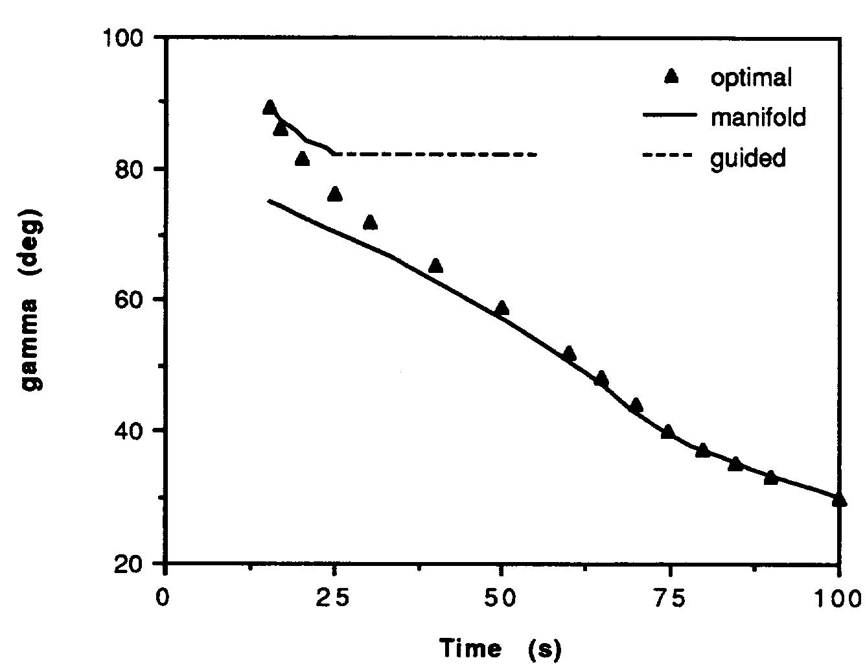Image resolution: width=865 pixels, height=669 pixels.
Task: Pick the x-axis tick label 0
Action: [x=167, y=597]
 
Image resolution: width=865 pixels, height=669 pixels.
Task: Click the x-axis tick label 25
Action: [x=334, y=597]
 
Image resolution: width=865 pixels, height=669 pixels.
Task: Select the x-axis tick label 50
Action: [x=502, y=597]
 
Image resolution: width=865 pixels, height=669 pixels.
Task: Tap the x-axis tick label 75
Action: [x=670, y=597]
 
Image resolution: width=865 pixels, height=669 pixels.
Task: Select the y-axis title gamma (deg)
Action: [x=32, y=299]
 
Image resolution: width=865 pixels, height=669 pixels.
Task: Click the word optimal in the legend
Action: [x=751, y=78]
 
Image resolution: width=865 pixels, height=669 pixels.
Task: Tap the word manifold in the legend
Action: [x=758, y=117]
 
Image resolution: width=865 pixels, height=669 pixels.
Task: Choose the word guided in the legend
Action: [x=748, y=158]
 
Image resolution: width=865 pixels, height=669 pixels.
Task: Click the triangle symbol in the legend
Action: [x=672, y=77]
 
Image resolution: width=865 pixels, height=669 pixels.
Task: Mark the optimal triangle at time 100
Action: [x=839, y=499]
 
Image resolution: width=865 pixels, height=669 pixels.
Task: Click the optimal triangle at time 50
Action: [x=502, y=308]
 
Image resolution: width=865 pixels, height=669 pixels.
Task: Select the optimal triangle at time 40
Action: [x=435, y=266]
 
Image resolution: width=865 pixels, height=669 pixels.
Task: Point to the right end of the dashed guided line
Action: [x=536, y=154]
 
